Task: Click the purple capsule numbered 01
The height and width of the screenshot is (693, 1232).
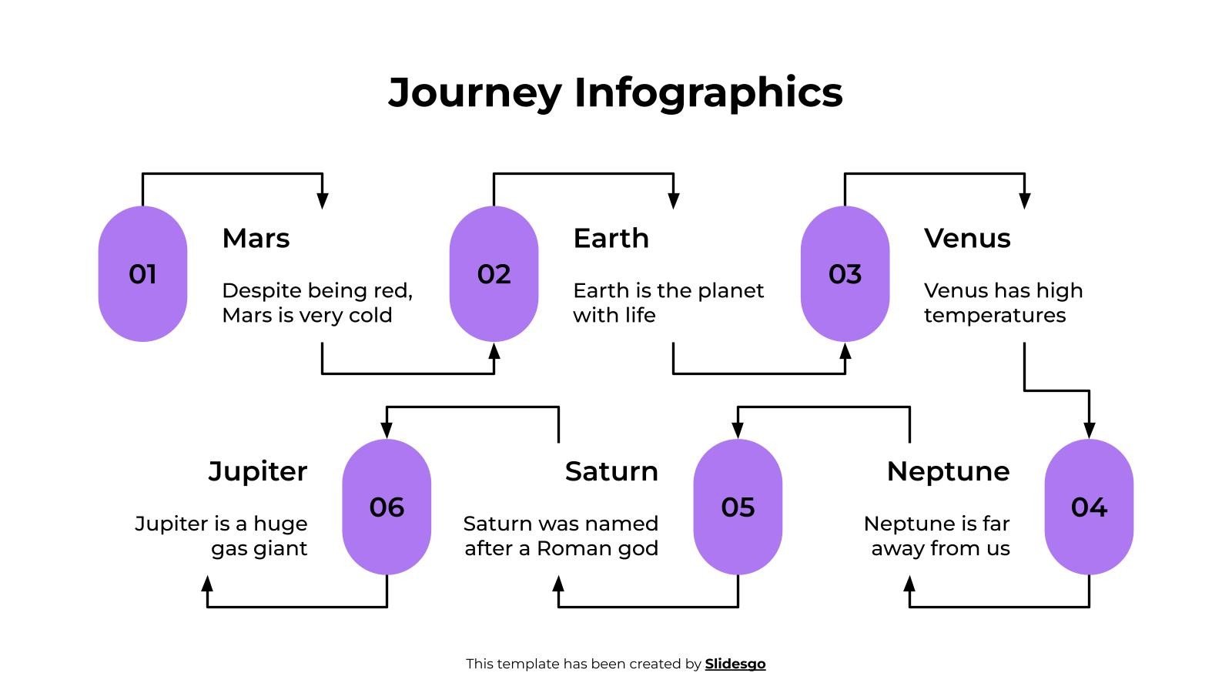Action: tap(142, 274)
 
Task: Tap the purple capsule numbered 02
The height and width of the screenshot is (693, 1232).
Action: tap(494, 274)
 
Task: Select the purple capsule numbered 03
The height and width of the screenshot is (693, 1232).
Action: tap(845, 274)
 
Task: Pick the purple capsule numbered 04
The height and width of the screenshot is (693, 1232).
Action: tap(1089, 507)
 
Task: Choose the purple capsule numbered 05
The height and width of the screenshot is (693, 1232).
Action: tap(738, 507)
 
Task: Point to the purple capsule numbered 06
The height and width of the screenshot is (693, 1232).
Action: tap(387, 507)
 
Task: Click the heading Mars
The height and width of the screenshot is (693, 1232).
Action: tap(256, 238)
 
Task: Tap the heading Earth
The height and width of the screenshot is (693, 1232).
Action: tap(611, 238)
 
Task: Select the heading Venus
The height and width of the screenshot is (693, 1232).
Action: tap(967, 238)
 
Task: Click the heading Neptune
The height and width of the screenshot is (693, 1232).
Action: tap(948, 471)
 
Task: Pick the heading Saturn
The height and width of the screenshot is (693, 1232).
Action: tap(611, 471)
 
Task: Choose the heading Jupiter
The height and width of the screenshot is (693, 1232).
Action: tap(258, 471)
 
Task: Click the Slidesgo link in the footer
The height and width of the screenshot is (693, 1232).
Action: tap(735, 664)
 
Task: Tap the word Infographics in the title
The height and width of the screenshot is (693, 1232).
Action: tap(708, 92)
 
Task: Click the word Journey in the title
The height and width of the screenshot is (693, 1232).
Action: tap(475, 92)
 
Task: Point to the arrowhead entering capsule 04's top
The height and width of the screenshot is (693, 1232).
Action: tap(1089, 430)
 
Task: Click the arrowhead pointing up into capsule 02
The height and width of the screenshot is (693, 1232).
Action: tap(494, 351)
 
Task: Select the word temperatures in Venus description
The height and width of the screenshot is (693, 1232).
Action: tap(995, 316)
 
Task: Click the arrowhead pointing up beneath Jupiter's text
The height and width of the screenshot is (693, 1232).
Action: tap(207, 584)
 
